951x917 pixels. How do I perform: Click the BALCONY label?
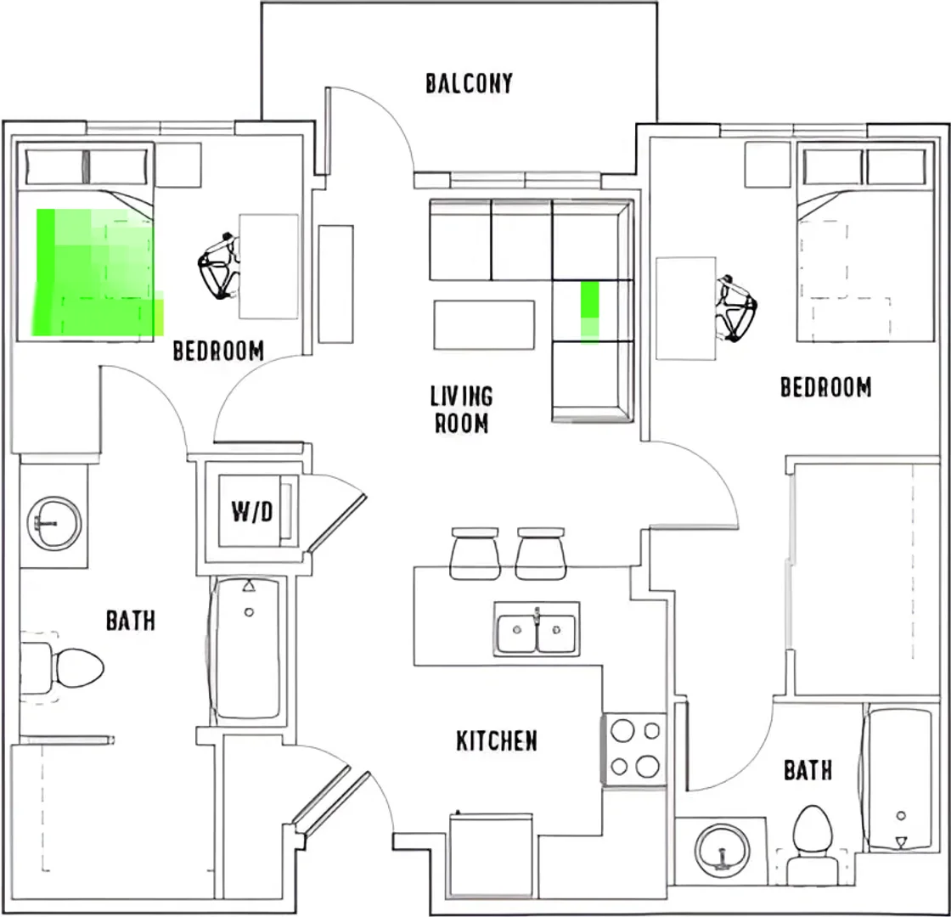[x=469, y=84]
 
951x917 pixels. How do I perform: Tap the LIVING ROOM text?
[x=462, y=409]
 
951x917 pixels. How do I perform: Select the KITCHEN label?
[x=496, y=740]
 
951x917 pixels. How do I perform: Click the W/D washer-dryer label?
[x=251, y=512]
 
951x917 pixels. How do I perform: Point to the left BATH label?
[x=131, y=621]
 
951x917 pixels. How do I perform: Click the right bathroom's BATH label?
[x=808, y=770]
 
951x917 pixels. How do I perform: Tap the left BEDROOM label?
[x=218, y=351]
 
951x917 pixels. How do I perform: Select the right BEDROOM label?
[x=825, y=387]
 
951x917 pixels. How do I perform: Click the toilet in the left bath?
[x=61, y=667]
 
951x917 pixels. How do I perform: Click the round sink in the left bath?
[x=54, y=523]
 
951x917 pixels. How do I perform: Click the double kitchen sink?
[x=536, y=630]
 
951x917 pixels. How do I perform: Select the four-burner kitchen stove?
[x=634, y=751]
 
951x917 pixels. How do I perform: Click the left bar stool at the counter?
[x=475, y=553]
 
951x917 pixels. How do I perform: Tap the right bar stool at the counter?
[x=541, y=553]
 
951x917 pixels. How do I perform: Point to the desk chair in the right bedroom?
[x=736, y=308]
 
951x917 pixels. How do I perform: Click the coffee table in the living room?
[x=484, y=324]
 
